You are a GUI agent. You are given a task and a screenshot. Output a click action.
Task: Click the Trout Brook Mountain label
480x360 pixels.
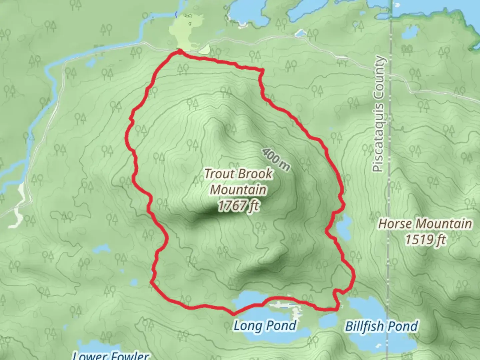point(238,182)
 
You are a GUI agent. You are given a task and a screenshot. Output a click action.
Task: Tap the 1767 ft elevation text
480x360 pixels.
point(238,206)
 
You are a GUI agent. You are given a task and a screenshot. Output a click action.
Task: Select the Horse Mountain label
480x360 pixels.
point(425,223)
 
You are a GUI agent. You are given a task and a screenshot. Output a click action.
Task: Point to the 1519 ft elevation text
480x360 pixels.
point(425,239)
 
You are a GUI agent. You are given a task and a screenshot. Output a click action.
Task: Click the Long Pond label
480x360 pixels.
point(265,326)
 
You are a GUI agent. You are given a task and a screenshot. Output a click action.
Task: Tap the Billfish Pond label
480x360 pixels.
point(381,326)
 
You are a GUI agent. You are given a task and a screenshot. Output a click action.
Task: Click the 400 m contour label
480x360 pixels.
point(276,159)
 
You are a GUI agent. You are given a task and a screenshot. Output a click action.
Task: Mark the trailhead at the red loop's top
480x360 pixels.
point(179,51)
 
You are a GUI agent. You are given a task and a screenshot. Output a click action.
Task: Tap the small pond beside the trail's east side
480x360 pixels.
point(344,227)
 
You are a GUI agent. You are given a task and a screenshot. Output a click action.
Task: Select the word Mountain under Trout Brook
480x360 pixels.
point(238,190)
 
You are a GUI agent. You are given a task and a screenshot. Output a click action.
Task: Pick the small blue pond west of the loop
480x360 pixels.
point(101,248)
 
